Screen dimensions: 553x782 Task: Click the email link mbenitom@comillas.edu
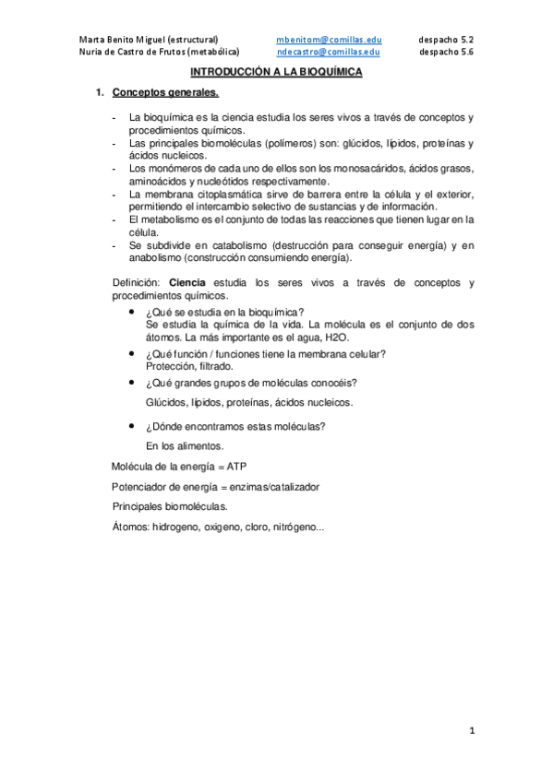[x=330, y=41]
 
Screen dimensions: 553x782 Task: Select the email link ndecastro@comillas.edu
[x=330, y=53]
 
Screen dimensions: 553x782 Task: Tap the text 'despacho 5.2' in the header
[x=445, y=41]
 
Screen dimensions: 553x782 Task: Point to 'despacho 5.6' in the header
[x=445, y=53]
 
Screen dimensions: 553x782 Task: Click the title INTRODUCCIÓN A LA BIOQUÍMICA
[x=276, y=71]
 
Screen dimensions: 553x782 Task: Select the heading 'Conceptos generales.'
[x=165, y=93]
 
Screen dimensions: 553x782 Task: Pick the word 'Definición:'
[x=138, y=283]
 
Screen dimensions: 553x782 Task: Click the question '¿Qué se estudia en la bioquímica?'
[x=225, y=313]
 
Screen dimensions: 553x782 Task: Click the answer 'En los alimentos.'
[x=185, y=445]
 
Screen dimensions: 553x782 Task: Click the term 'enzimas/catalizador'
[x=272, y=487]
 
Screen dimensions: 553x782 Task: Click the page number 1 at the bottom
[x=471, y=731]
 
